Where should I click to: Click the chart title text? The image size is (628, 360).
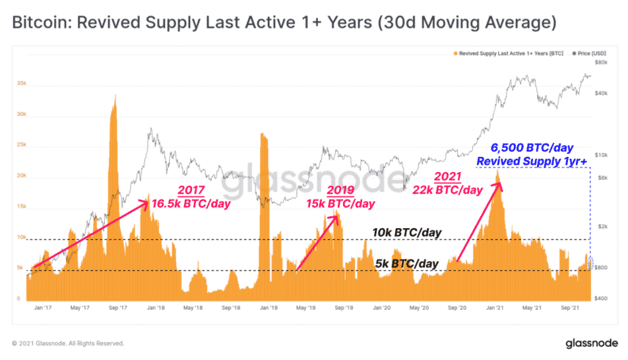point(284,23)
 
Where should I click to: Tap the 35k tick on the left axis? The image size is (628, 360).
point(22,84)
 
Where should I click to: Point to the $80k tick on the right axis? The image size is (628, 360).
point(601,63)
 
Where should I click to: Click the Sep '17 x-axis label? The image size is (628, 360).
point(117,307)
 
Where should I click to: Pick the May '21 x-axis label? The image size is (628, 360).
point(532,307)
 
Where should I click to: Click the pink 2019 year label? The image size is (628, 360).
point(340,191)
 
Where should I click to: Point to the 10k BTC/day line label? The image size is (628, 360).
point(406,233)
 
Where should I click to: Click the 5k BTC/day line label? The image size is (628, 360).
point(408,264)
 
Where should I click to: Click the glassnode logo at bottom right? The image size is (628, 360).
point(591,344)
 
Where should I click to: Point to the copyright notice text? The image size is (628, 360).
point(68,344)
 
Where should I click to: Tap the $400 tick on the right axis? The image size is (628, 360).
point(601,299)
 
